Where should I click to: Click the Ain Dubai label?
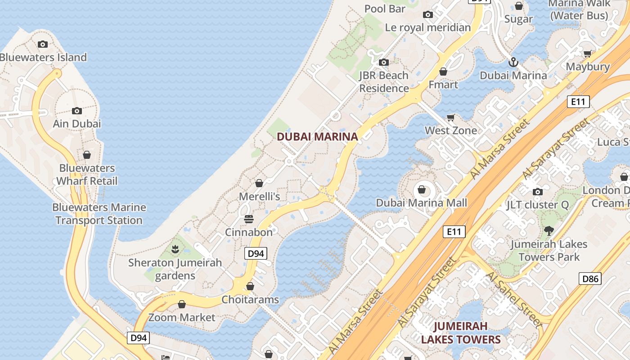pyautogui.click(x=77, y=123)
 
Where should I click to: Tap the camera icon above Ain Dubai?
pyautogui.click(x=77, y=111)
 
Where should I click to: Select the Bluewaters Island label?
pyautogui.click(x=43, y=57)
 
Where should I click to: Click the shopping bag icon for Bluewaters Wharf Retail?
pyautogui.click(x=87, y=155)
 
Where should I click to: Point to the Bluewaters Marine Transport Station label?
pyautogui.click(x=99, y=214)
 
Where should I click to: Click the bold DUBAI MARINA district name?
pyautogui.click(x=317, y=136)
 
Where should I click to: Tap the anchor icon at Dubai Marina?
pyautogui.click(x=513, y=62)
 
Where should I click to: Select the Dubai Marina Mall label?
pyautogui.click(x=422, y=202)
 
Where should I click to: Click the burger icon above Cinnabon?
pyautogui.click(x=249, y=219)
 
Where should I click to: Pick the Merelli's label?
pyautogui.click(x=259, y=196)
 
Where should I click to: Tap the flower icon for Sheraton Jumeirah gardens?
pyautogui.click(x=175, y=249)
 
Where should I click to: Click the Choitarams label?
pyautogui.click(x=250, y=299)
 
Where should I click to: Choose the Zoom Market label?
pyautogui.click(x=182, y=317)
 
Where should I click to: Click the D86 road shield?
pyautogui.click(x=590, y=279)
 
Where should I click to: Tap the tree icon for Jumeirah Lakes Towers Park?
pyautogui.click(x=549, y=231)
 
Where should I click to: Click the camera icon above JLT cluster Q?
pyautogui.click(x=537, y=192)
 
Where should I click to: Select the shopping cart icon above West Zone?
pyautogui.click(x=451, y=117)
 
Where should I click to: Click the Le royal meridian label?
pyautogui.click(x=428, y=27)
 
